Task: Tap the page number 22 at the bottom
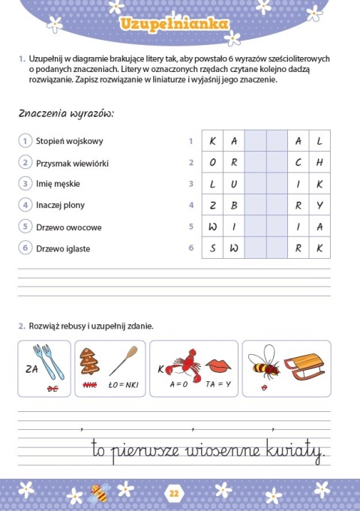coord(174,493)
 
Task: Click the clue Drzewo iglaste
coord(63,248)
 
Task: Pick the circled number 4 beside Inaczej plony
coord(25,205)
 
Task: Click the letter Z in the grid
coord(212,206)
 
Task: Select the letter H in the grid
coord(319,163)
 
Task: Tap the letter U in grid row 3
coord(234,184)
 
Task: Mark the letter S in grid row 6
coord(212,248)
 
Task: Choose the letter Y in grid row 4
coord(319,206)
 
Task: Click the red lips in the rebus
coord(217,365)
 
